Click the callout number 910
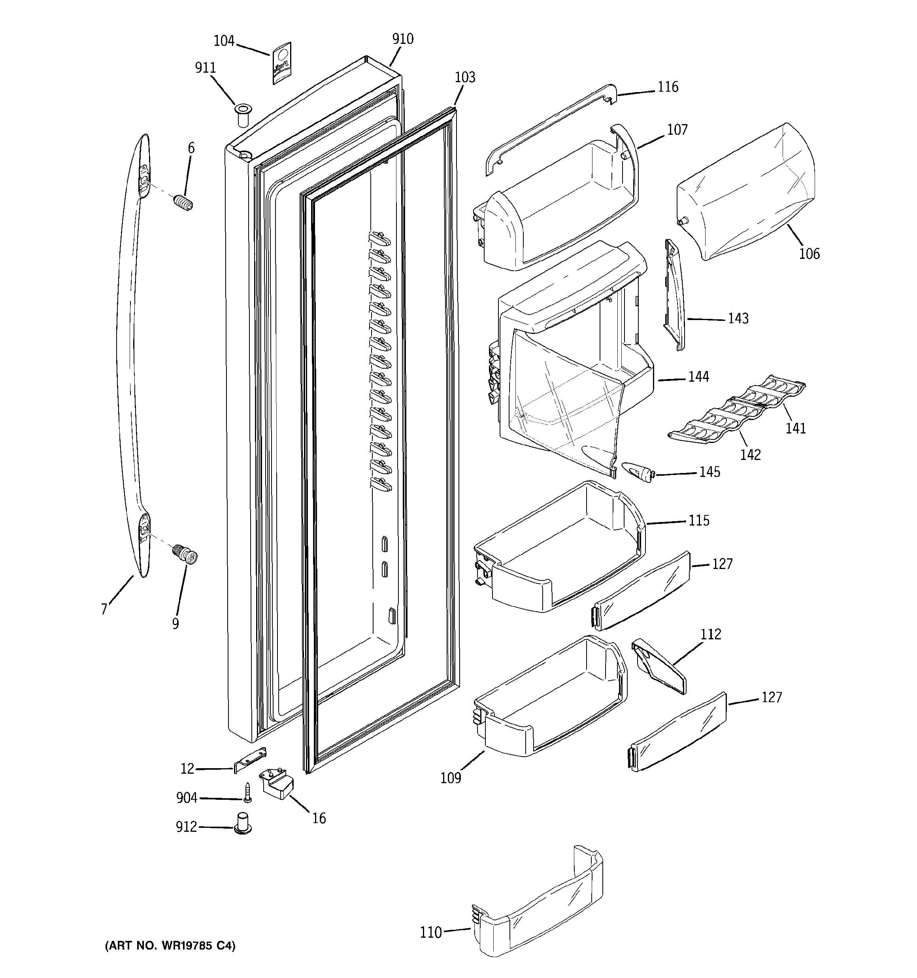(403, 39)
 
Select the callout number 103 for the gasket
(465, 77)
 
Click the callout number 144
(698, 377)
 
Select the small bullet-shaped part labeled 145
(638, 472)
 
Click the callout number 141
(795, 428)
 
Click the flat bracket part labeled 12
(249, 759)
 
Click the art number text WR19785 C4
(170, 946)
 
